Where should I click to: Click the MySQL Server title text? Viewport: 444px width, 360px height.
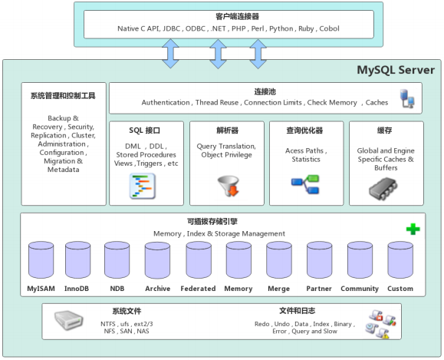click(x=396, y=70)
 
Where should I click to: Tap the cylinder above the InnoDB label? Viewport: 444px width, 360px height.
click(x=78, y=260)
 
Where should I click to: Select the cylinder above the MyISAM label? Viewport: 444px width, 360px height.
click(x=41, y=260)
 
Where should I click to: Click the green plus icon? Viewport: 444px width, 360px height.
click(x=413, y=229)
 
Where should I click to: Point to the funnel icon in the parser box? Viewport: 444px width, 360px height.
click(x=229, y=186)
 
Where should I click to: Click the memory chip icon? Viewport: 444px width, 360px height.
click(x=383, y=189)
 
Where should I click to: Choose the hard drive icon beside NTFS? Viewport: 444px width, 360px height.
click(x=68, y=320)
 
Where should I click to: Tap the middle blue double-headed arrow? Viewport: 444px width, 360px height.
click(x=218, y=54)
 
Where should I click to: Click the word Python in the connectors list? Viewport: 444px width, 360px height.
click(x=281, y=28)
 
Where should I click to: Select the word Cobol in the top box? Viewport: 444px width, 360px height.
click(x=329, y=28)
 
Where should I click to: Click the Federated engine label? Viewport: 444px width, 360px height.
click(x=198, y=289)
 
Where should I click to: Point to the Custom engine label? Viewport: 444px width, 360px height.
click(x=400, y=289)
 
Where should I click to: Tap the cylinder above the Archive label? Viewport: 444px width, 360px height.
click(x=157, y=260)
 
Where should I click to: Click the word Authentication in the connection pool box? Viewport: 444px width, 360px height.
click(x=166, y=103)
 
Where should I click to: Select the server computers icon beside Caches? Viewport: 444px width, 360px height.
click(x=407, y=99)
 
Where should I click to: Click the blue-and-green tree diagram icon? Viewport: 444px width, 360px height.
click(x=305, y=184)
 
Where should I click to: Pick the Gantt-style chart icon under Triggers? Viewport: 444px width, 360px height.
click(x=143, y=186)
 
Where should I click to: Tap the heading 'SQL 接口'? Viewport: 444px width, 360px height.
click(x=144, y=130)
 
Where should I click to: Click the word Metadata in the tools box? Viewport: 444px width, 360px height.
click(x=64, y=170)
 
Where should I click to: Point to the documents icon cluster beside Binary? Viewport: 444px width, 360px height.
click(x=380, y=324)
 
